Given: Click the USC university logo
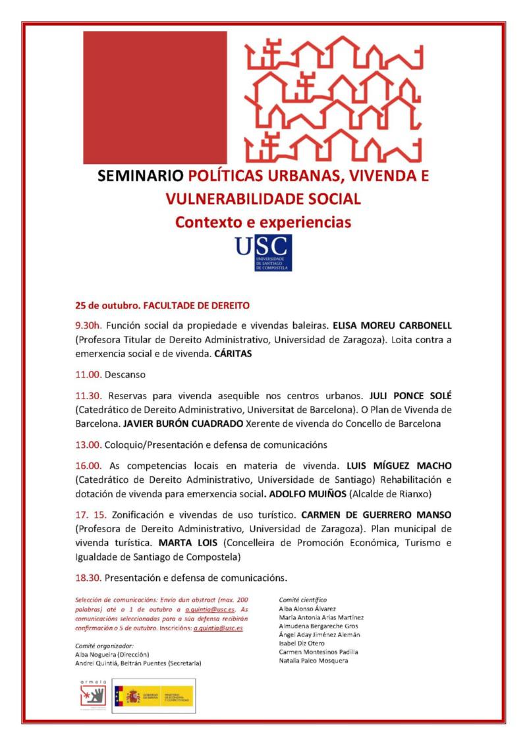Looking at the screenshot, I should click(263, 253).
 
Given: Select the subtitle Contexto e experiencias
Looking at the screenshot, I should click(263, 222).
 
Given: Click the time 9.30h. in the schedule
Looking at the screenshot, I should click(89, 326).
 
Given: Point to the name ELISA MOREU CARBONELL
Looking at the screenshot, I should click(392, 326).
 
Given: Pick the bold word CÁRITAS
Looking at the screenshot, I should click(233, 354).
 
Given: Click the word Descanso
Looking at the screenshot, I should click(126, 374).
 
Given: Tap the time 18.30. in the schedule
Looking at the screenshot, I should click(88, 578).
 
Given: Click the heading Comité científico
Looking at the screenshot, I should click(303, 600).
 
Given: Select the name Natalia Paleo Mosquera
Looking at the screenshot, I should click(314, 660).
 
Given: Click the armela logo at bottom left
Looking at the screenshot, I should click(90, 695).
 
